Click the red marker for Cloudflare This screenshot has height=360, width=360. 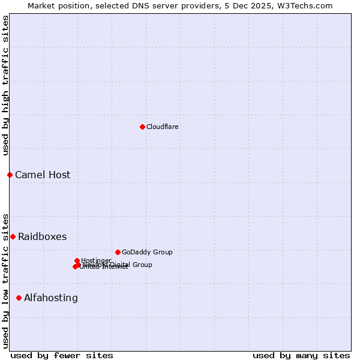[x=142, y=127]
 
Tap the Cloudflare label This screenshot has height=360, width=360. [x=163, y=127]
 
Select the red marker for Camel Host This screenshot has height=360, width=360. [x=10, y=175]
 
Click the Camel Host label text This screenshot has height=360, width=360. [x=43, y=175]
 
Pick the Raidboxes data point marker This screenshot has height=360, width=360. [x=13, y=236]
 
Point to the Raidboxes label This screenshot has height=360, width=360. [x=42, y=236]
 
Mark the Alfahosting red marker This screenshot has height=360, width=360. [x=19, y=298]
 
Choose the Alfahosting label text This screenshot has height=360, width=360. [x=51, y=298]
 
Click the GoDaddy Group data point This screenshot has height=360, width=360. [x=118, y=252]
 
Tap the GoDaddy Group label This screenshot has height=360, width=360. [x=147, y=252]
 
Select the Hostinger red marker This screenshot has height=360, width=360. [x=77, y=260]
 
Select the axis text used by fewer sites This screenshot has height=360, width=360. [x=62, y=355]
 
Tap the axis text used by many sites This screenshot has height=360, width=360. [x=301, y=355]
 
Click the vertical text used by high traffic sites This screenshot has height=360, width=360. [x=5, y=85]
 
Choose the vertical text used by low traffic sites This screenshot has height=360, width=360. [x=5, y=280]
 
